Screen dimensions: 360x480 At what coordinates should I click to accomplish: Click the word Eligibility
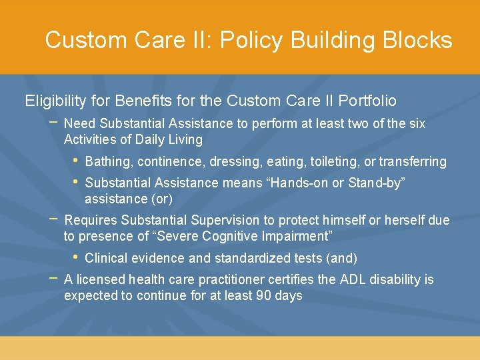[55, 101]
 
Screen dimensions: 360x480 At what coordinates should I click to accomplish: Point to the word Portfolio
[367, 101]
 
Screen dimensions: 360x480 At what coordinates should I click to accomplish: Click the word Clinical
[107, 258]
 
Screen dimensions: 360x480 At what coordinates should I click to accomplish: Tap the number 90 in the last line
[264, 295]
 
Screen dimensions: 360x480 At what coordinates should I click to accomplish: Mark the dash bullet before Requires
[53, 219]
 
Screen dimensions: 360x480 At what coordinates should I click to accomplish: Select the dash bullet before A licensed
[53, 278]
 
